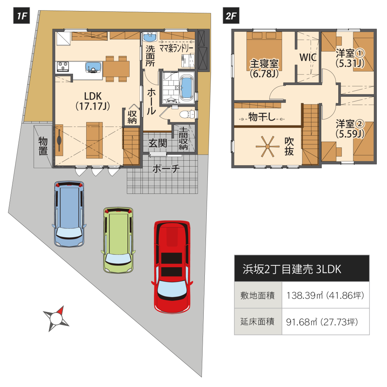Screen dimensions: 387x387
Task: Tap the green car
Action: click(118, 240)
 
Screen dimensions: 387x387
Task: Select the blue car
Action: click(69, 214)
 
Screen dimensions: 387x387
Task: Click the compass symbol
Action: click(56, 319)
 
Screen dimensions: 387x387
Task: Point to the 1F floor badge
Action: click(22, 16)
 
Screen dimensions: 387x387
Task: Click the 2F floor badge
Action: click(231, 16)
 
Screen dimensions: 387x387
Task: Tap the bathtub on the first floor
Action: click(186, 88)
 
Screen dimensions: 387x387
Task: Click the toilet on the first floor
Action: click(187, 114)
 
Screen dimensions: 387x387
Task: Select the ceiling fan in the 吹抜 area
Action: click(267, 147)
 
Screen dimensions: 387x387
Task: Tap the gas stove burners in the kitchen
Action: click(63, 67)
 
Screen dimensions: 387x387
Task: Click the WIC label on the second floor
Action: click(308, 57)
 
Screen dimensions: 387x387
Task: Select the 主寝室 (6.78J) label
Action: click(264, 68)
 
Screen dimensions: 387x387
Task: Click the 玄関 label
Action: click(158, 143)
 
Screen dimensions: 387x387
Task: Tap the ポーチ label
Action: click(166, 169)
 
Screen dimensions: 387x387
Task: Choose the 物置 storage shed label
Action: click(43, 146)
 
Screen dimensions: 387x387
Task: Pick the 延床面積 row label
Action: click(257, 322)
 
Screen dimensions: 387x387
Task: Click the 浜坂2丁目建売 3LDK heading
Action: click(292, 269)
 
